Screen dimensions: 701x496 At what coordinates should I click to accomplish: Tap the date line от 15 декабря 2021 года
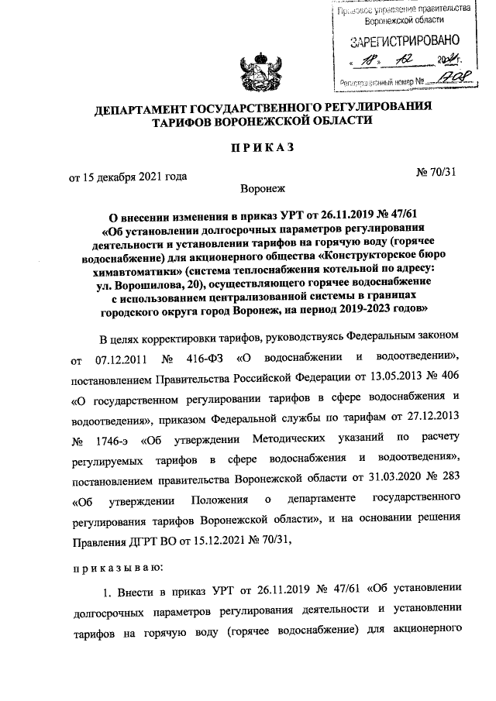[129, 177]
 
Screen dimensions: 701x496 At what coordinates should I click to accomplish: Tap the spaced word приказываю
[116, 568]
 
